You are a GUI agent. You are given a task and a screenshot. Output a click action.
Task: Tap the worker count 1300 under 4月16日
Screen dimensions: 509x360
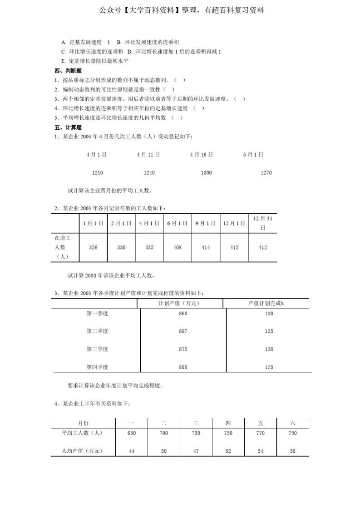click(x=206, y=173)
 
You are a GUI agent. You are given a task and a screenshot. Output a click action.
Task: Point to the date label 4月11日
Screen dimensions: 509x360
click(x=148, y=155)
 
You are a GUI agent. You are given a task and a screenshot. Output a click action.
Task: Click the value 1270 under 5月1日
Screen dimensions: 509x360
click(x=266, y=173)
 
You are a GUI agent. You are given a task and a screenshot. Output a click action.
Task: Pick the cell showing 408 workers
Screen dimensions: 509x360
click(x=178, y=247)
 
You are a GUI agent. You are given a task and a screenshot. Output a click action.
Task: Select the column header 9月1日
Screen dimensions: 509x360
click(x=206, y=223)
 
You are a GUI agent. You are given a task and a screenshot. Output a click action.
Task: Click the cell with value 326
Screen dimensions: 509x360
click(x=93, y=247)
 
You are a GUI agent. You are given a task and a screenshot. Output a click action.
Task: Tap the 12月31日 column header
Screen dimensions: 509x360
click(x=262, y=223)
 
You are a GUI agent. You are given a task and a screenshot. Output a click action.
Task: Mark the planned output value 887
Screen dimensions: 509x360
click(x=183, y=331)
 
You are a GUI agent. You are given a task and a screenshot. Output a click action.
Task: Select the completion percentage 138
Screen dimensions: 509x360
click(x=269, y=349)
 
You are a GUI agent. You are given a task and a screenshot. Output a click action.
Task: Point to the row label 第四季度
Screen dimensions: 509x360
click(x=97, y=367)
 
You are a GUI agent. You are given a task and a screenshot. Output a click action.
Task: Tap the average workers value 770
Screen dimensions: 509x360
click(x=260, y=433)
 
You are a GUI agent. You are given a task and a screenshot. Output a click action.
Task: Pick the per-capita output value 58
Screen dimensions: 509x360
click(x=292, y=451)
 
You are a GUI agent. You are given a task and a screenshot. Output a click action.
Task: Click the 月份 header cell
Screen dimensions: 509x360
click(x=84, y=423)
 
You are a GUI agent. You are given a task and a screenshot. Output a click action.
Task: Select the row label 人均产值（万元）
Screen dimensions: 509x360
click(x=82, y=451)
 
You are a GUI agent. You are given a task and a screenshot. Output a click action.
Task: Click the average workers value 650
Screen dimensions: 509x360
click(x=132, y=433)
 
